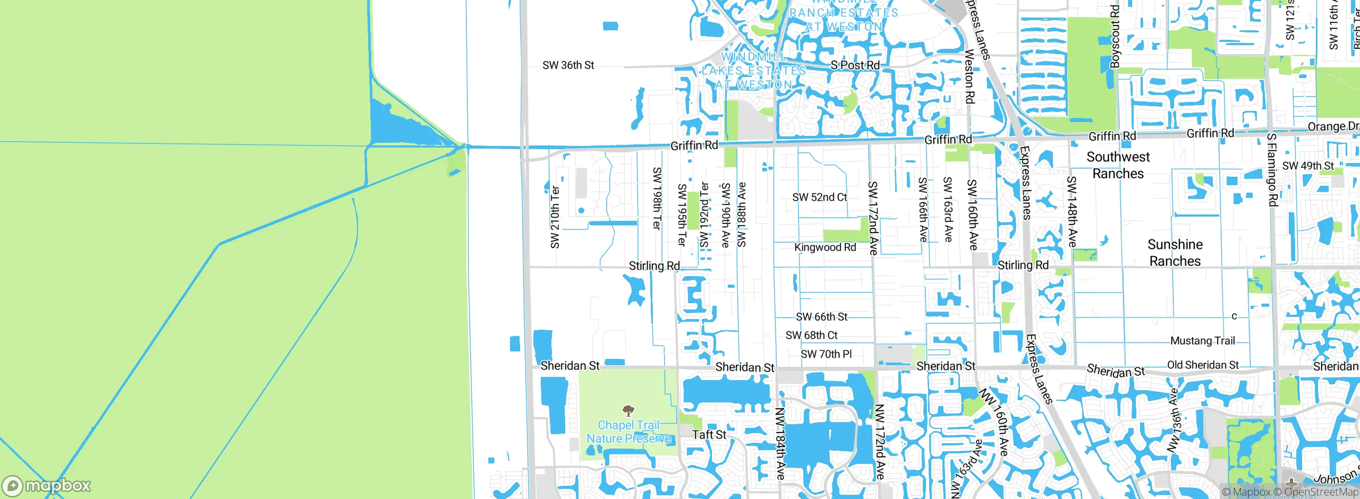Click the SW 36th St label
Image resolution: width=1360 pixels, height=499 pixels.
(568, 65)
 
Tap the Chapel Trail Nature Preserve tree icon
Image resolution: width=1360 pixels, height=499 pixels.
(628, 410)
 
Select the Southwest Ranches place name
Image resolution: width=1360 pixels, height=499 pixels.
(1118, 165)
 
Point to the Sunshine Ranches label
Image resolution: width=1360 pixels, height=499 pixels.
(1175, 253)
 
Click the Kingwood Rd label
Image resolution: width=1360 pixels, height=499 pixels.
(825, 247)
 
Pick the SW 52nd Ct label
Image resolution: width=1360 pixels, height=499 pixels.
(820, 197)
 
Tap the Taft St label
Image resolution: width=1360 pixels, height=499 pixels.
(709, 435)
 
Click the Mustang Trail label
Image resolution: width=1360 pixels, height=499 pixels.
(1203, 341)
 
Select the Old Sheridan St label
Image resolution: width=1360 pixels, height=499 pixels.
(1203, 365)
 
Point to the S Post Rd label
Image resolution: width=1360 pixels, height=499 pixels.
(855, 65)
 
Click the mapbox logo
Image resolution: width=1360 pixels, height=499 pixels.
(47, 486)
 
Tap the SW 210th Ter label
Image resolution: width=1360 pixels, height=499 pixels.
(555, 217)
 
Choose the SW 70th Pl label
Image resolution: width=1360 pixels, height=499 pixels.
(826, 354)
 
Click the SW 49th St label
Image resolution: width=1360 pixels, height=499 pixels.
(1307, 166)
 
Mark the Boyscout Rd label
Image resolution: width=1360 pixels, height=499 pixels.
(1115, 36)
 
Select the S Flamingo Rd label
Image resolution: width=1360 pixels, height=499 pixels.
(1272, 170)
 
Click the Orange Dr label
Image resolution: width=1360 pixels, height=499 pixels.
(1332, 127)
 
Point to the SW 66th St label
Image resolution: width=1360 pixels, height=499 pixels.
(821, 317)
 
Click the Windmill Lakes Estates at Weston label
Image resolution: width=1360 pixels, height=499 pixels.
(754, 71)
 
